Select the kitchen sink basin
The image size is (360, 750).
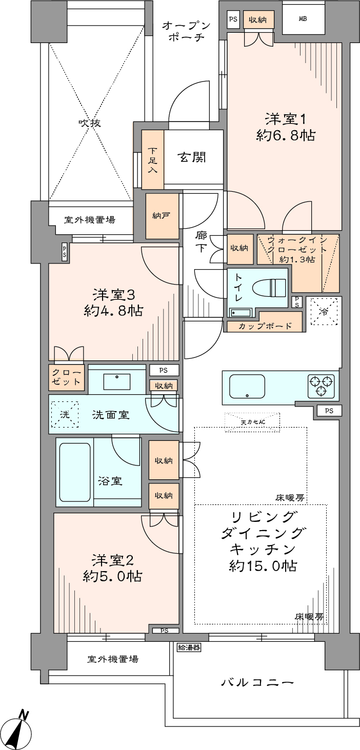pyautogui.click(x=247, y=386)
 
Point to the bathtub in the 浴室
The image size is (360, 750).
pyautogui.click(x=75, y=472)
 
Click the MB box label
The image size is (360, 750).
pyautogui.click(x=303, y=19)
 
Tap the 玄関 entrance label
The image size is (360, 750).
pyautogui.click(x=192, y=157)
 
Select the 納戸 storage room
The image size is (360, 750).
pyautogui.click(x=162, y=216)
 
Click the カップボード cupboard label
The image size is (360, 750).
pyautogui.click(x=265, y=326)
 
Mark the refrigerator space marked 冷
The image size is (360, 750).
pyautogui.click(x=324, y=311)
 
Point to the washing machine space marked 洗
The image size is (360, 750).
pyautogui.click(x=65, y=415)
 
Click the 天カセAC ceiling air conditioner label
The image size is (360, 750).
pyautogui.click(x=253, y=422)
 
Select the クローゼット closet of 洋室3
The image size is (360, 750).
pyautogui.click(x=66, y=377)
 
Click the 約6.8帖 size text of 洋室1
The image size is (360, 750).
pyautogui.click(x=286, y=135)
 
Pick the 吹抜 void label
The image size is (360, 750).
pyautogui.click(x=90, y=123)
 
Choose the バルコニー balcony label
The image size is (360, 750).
pyautogui.click(x=257, y=682)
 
